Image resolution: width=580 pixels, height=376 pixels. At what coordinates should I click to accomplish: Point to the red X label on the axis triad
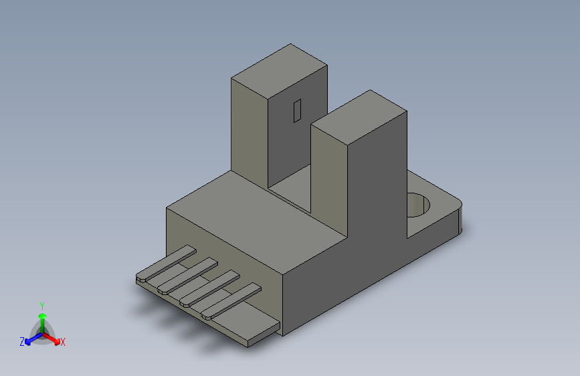[x=63, y=343]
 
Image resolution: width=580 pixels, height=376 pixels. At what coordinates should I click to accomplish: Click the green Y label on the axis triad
[x=41, y=304]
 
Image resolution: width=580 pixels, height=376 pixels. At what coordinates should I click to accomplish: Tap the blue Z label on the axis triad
[x=22, y=342]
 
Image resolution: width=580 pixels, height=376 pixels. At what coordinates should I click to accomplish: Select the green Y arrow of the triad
[x=42, y=318]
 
